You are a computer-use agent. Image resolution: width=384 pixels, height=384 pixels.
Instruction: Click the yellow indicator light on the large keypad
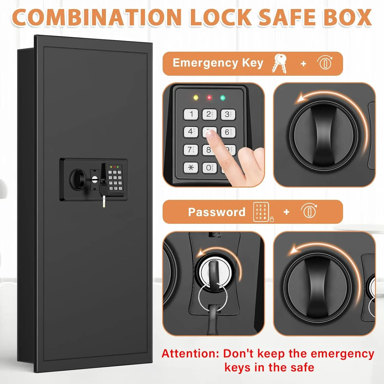point(196,98)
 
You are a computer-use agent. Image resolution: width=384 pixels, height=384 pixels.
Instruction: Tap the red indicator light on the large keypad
point(209,98)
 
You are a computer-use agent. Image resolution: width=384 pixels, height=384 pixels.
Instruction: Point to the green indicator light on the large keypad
point(223,98)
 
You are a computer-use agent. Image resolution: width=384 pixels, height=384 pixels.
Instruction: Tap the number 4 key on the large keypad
point(191,132)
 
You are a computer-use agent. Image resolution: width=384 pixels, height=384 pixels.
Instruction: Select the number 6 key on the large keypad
point(228,132)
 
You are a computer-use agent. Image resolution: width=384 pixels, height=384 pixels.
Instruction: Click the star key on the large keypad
point(191,168)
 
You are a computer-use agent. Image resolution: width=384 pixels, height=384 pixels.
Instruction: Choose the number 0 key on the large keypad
point(209,168)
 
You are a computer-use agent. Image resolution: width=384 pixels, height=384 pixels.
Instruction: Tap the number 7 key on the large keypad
point(191,150)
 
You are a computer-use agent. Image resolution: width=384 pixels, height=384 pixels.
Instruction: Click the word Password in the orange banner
point(217,212)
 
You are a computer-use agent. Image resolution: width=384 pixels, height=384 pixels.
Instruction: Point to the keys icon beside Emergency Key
point(280,63)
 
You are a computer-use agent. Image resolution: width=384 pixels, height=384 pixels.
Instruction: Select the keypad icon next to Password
point(261,212)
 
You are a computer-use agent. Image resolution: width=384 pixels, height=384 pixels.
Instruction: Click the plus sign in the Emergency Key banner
point(303,63)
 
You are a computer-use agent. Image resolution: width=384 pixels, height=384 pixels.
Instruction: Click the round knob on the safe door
point(78,179)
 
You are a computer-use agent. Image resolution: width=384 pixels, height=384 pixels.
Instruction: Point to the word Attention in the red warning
point(190,354)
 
